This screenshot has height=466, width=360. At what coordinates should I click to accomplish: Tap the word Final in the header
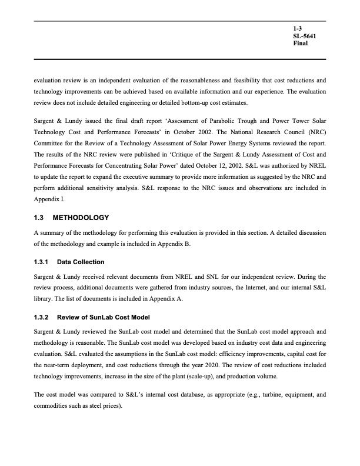click(300, 44)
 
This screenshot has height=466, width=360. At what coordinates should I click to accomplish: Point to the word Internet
click(231, 288)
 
